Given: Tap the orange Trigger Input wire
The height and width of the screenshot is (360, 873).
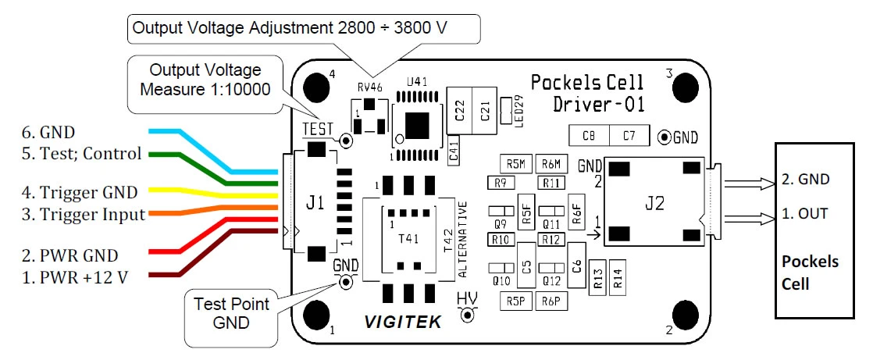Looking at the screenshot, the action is coord(217,209).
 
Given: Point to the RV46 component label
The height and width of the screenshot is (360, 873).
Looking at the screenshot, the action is coord(369,87).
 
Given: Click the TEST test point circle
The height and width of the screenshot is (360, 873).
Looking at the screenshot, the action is coord(346,141).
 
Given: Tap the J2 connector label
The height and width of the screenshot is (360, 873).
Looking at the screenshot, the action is coord(654,204).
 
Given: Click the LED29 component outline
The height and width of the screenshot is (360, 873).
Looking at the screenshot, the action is coord(506,111).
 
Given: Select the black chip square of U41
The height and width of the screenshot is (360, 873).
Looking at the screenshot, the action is coord(418,125).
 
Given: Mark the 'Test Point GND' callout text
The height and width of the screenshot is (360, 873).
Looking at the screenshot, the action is coord(232,312).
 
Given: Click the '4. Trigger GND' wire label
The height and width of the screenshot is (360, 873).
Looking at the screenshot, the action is coord(88,193).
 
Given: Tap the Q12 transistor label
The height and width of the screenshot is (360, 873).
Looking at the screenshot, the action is coord(551,282).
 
